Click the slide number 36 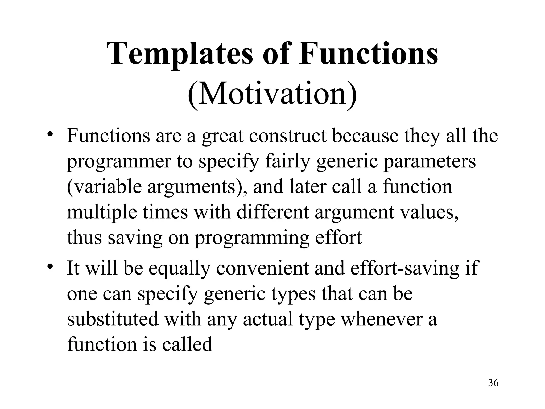pyautogui.click(x=493, y=390)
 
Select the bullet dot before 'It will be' pyautogui.click(x=50, y=266)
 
